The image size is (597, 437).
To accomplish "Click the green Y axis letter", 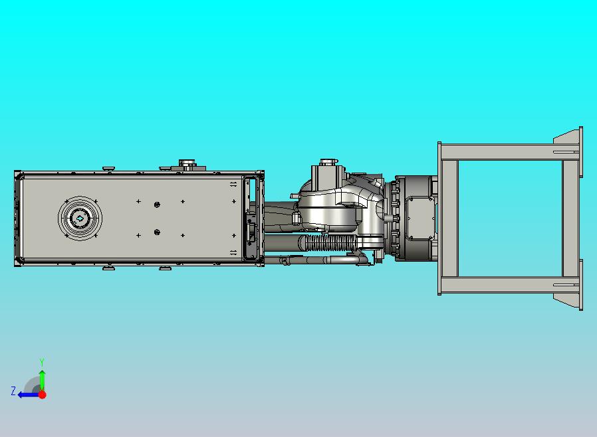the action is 42,362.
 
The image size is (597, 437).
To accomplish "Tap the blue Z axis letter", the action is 13,391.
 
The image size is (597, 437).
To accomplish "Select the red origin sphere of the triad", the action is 43,394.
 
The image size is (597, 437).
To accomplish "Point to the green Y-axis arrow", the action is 42,381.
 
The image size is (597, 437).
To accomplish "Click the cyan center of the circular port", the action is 80,218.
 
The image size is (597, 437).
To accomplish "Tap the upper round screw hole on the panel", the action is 157,205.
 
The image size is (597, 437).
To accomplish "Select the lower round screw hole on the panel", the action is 157,232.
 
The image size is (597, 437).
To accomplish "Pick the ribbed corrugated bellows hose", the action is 328,243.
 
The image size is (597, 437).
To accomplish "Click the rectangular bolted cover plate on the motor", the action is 420,218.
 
